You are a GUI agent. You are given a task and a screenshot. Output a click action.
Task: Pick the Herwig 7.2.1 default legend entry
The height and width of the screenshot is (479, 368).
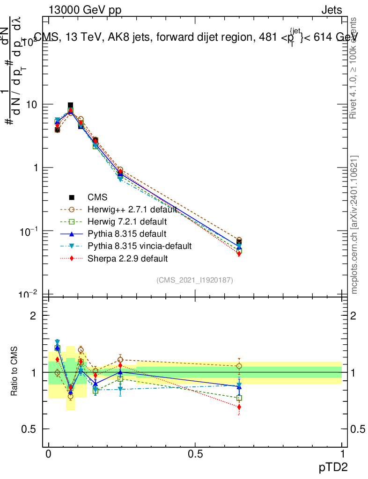pyautogui.click(x=119, y=221)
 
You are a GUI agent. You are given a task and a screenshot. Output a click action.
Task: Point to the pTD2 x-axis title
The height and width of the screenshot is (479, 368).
pyautogui.click(x=333, y=467)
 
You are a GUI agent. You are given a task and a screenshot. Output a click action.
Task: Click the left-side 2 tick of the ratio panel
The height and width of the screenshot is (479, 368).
pyautogui.click(x=33, y=316)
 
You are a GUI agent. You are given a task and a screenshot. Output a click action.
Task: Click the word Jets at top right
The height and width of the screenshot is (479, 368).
pyautogui.click(x=331, y=10)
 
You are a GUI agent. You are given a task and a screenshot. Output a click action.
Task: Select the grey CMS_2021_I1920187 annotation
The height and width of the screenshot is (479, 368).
pyautogui.click(x=195, y=280)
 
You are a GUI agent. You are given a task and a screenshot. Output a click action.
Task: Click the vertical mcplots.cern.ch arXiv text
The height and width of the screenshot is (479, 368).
pyautogui.click(x=354, y=225)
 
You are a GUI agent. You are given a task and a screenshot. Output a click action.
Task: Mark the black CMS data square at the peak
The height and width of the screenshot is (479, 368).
pyautogui.click(x=70, y=106)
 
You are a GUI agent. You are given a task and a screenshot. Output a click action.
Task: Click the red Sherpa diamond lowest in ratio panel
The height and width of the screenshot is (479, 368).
pyautogui.click(x=239, y=407)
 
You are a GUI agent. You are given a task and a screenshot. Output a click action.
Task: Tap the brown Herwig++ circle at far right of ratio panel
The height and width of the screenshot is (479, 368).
pyautogui.click(x=239, y=366)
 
